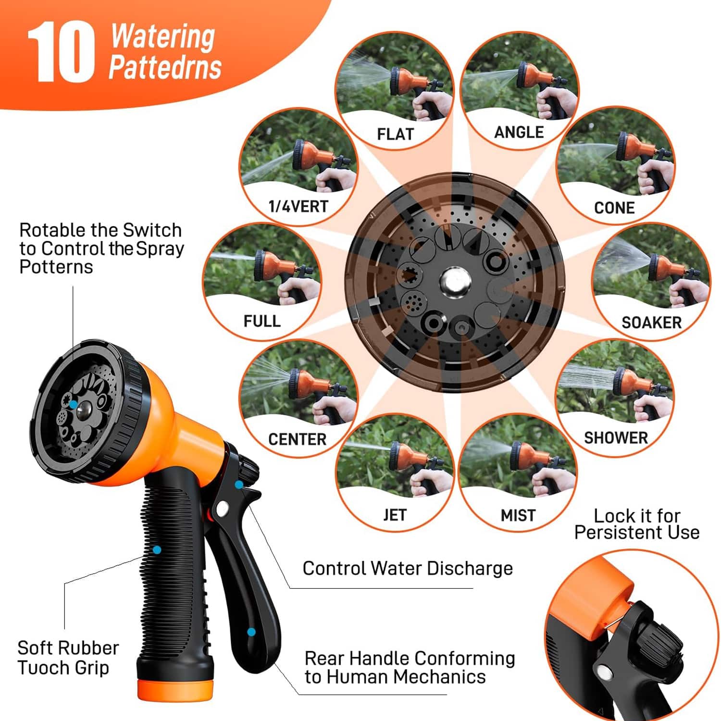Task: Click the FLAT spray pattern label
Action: coord(395,134)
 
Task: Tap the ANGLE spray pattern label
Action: coord(519,132)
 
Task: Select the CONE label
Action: coord(614,208)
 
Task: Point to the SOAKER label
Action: coord(651,323)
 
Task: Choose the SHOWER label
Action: coord(616,438)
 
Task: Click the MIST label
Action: coord(518,516)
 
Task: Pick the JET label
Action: coord(395,515)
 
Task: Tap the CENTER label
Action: coord(297,439)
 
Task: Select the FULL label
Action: coord(262,321)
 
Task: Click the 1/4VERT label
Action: coord(298,207)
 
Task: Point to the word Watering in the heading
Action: coord(163,37)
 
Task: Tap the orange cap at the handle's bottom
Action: coord(175,690)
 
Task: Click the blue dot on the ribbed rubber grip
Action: coord(157,550)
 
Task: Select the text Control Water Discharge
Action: coord(408,569)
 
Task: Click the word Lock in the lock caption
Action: coord(613,516)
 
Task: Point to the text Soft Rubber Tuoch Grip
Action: coord(68,658)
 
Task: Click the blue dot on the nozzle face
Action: coord(73,405)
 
